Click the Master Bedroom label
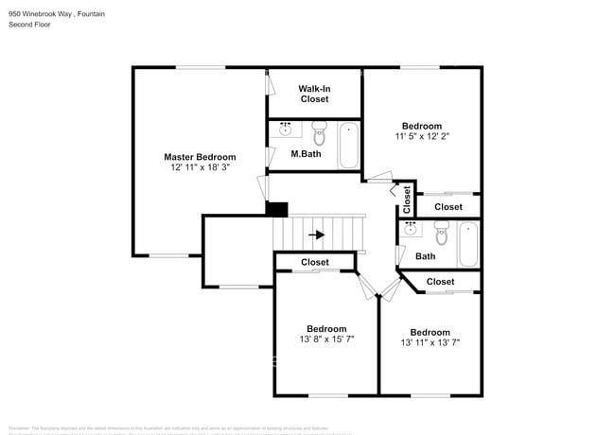click(x=200, y=157)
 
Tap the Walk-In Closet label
click(x=314, y=94)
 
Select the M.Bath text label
click(x=304, y=153)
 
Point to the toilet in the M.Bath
click(x=319, y=132)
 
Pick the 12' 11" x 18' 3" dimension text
click(x=200, y=167)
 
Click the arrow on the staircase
click(x=317, y=235)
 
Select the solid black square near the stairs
click(x=276, y=209)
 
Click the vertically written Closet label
click(x=407, y=199)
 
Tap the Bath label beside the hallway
click(x=425, y=256)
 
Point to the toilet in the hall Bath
click(x=442, y=232)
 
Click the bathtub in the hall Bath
click(x=468, y=244)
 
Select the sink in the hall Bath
click(x=412, y=229)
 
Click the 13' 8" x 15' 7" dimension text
click(x=326, y=339)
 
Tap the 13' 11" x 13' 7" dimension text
click(x=430, y=342)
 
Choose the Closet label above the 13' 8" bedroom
click(x=315, y=262)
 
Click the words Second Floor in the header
click(x=29, y=25)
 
